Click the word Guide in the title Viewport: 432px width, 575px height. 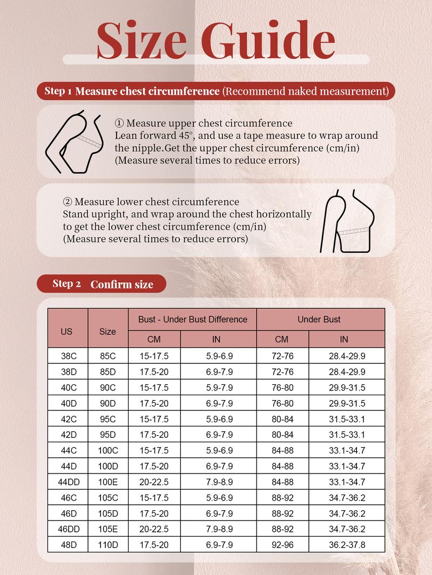pyautogui.click(x=270, y=40)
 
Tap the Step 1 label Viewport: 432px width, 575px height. pyautogui.click(x=58, y=91)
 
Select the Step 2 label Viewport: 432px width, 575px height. pyautogui.click(x=66, y=284)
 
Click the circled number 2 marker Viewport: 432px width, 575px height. pyautogui.click(x=67, y=202)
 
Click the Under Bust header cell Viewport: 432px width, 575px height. pyautogui.click(x=319, y=319)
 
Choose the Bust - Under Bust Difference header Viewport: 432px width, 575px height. pyautogui.click(x=193, y=319)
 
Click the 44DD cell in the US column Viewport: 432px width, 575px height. pyautogui.click(x=67, y=482)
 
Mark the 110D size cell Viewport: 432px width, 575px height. pyautogui.click(x=107, y=545)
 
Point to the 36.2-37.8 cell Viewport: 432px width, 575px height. pyautogui.click(x=347, y=545)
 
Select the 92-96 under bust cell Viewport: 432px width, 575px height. pyautogui.click(x=282, y=545)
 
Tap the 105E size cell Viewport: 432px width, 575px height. pyautogui.click(x=107, y=529)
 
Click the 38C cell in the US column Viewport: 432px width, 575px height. pyautogui.click(x=67, y=356)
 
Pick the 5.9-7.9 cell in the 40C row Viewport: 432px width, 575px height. pyautogui.click(x=219, y=388)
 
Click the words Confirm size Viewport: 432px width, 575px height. pyautogui.click(x=122, y=285)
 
